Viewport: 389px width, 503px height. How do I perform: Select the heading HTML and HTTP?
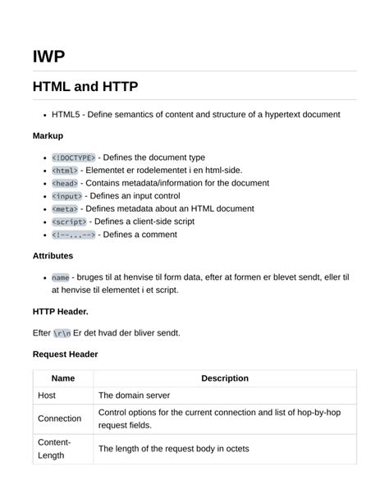pyautogui.click(x=85, y=86)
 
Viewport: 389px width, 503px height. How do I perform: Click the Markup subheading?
pyautogui.click(x=48, y=135)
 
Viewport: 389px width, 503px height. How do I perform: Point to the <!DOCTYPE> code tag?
pyautogui.click(x=74, y=157)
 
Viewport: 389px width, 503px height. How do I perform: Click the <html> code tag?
pyautogui.click(x=65, y=170)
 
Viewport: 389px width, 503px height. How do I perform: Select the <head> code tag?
pyautogui.click(x=65, y=183)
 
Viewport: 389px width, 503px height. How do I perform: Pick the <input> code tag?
pyautogui.click(x=67, y=196)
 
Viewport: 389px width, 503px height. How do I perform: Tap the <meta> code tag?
pyautogui.click(x=65, y=208)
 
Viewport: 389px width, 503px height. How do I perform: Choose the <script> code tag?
pyautogui.click(x=69, y=222)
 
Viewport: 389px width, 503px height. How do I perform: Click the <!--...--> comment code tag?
pyautogui.click(x=74, y=235)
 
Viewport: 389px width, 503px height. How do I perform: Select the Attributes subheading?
pyautogui.click(x=53, y=256)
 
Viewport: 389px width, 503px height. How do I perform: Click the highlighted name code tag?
pyautogui.click(x=60, y=277)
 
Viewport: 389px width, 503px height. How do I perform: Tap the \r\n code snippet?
pyautogui.click(x=62, y=332)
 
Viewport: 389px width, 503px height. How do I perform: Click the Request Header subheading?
pyautogui.click(x=66, y=354)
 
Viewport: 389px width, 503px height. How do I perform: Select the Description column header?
pyautogui.click(x=224, y=378)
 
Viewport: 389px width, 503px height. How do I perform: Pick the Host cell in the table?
pyautogui.click(x=47, y=395)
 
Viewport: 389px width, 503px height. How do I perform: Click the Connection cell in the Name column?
pyautogui.click(x=59, y=418)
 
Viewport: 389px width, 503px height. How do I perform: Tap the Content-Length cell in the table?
pyautogui.click(x=54, y=448)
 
